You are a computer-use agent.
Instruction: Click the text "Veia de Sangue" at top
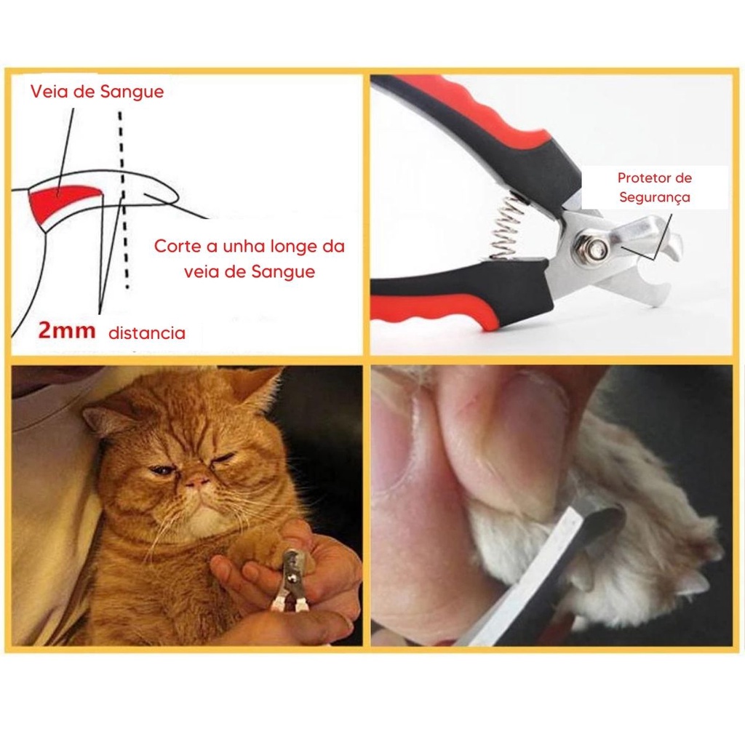(x=97, y=91)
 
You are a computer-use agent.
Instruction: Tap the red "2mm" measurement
(x=66, y=330)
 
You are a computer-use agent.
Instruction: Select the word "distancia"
(x=147, y=333)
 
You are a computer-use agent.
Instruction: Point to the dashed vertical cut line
(x=123, y=200)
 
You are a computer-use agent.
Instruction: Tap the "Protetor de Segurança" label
(x=654, y=187)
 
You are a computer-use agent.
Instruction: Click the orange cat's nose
(x=197, y=482)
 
